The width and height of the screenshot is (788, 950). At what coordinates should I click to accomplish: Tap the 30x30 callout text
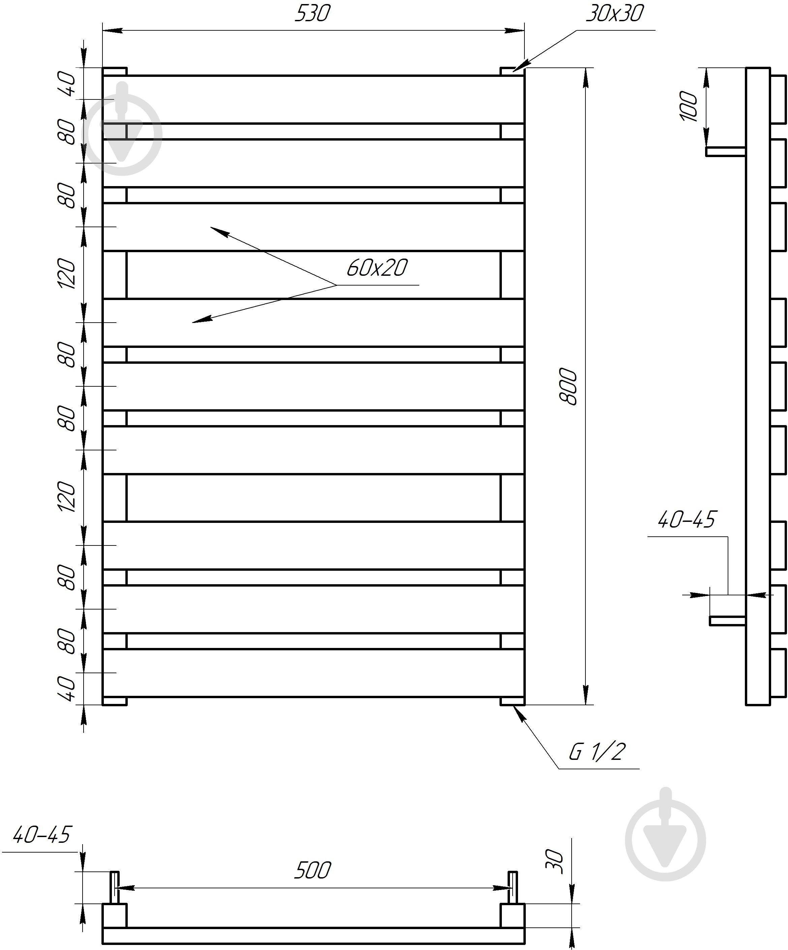pyautogui.click(x=614, y=13)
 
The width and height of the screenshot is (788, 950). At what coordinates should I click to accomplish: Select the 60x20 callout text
pyautogui.click(x=377, y=268)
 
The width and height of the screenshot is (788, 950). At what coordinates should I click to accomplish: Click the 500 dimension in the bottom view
pyautogui.click(x=312, y=870)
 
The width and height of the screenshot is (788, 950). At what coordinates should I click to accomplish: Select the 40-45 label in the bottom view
pyautogui.click(x=41, y=835)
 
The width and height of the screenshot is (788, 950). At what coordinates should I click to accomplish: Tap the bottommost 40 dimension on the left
pyautogui.click(x=67, y=688)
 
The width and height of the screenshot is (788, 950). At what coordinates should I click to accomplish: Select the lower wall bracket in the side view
pyautogui.click(x=727, y=621)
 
